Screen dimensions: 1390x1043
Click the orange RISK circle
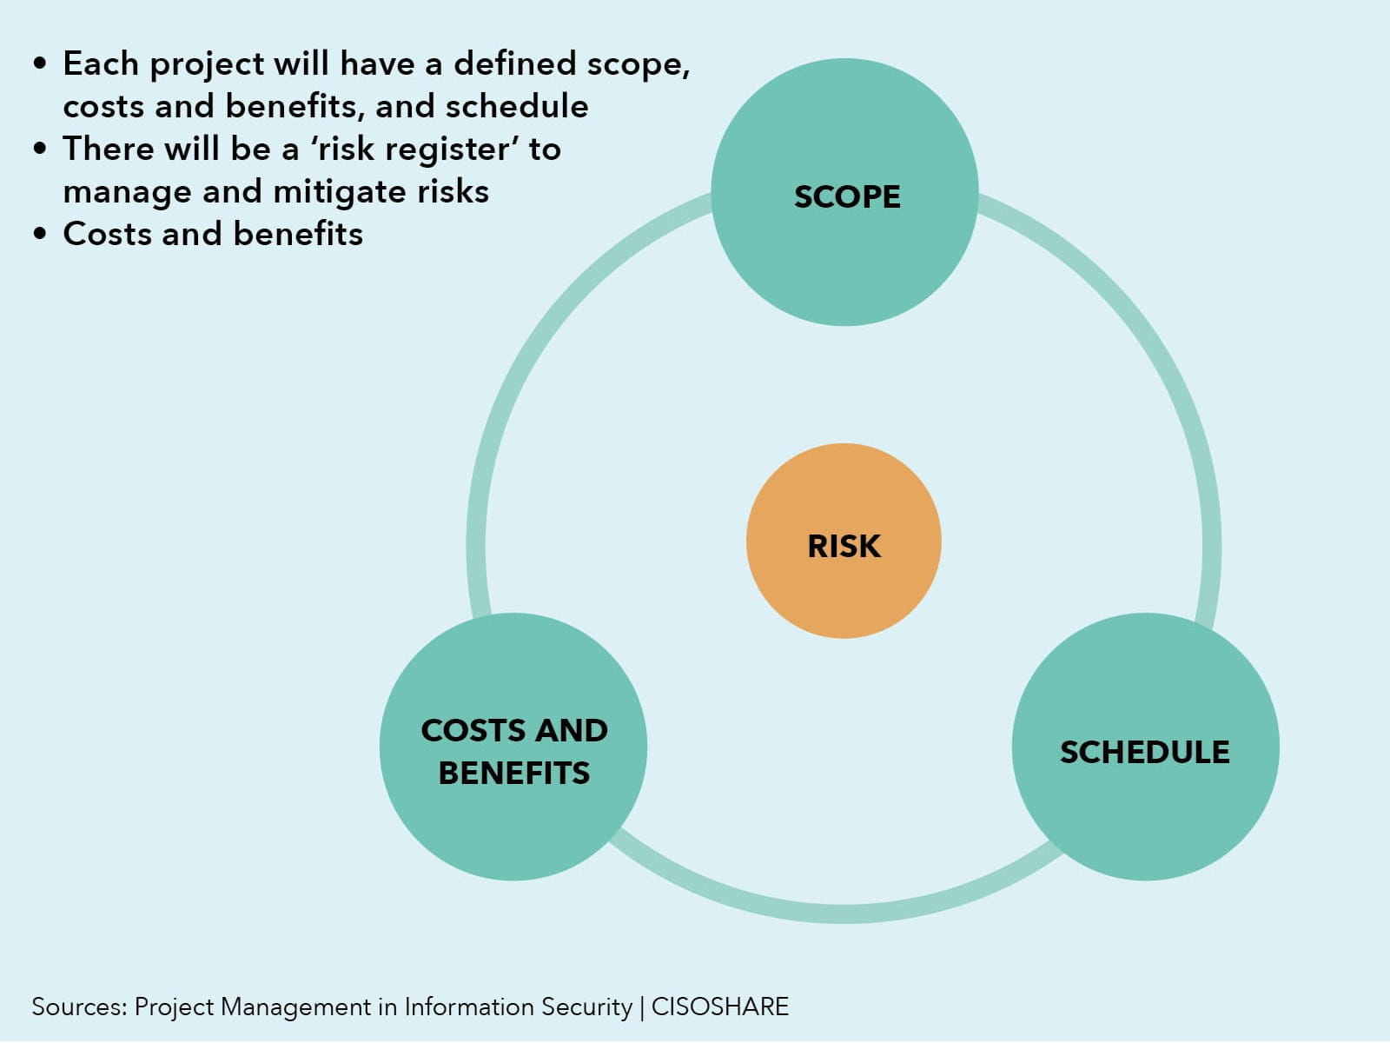click(844, 541)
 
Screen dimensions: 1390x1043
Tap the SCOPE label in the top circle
click(847, 196)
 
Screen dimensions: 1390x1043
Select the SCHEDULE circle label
click(1145, 753)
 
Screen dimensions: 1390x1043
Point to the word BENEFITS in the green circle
click(514, 774)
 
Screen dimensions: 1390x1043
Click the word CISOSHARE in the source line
click(720, 1006)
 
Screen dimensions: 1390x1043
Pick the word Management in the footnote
click(295, 1007)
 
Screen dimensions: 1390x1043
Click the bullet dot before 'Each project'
click(40, 63)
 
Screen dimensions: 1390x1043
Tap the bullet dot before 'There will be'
click(40, 149)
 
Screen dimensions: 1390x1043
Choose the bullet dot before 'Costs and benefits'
click(40, 234)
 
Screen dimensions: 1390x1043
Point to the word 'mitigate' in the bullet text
click(340, 193)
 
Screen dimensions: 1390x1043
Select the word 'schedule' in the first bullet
click(517, 106)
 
